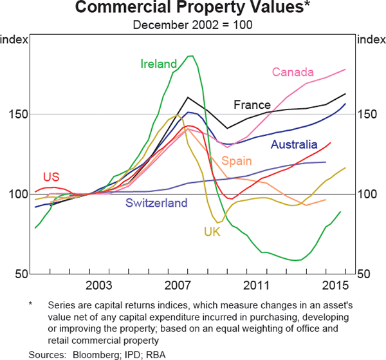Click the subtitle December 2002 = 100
pos(192,25)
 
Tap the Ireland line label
pos(158,64)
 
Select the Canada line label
pos(293,71)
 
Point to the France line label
pos(252,105)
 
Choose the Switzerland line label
pos(156,204)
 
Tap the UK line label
pos(212,232)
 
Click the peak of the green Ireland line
pos(190,56)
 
